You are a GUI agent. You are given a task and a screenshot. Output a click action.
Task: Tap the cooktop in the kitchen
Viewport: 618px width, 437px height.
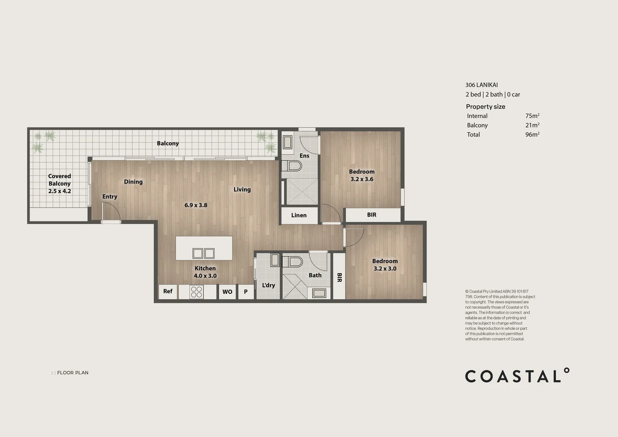[197, 292]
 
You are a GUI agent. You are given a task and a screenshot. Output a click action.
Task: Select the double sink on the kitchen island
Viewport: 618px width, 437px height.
[203, 253]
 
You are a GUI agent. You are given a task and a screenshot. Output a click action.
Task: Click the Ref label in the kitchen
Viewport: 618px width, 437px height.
[168, 291]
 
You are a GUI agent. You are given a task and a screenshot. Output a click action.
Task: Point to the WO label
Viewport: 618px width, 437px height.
[227, 292]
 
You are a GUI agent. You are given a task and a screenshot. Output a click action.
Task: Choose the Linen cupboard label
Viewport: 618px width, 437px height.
[299, 215]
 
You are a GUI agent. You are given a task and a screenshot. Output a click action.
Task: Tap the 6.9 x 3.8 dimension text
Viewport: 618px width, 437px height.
[196, 205]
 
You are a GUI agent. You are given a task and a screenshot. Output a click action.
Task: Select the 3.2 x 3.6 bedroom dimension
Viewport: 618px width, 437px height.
[362, 179]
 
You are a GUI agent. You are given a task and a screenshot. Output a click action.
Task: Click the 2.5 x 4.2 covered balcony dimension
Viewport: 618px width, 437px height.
[59, 191]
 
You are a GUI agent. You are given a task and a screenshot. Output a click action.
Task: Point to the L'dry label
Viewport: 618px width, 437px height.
[268, 285]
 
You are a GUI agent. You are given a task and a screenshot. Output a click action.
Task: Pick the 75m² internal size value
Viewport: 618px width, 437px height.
[532, 116]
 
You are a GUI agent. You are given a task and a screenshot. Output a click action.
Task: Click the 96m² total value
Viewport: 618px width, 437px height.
[532, 134]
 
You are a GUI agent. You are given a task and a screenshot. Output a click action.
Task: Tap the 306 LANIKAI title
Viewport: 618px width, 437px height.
[481, 85]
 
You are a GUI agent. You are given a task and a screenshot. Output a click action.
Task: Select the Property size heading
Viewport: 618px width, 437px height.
[485, 106]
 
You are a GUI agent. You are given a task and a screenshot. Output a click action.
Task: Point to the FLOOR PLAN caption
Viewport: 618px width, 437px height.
[72, 373]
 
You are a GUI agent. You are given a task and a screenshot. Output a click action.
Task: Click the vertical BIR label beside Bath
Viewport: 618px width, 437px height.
[339, 278]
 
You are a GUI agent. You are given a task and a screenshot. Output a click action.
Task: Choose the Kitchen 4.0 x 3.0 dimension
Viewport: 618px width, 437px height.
[205, 276]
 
